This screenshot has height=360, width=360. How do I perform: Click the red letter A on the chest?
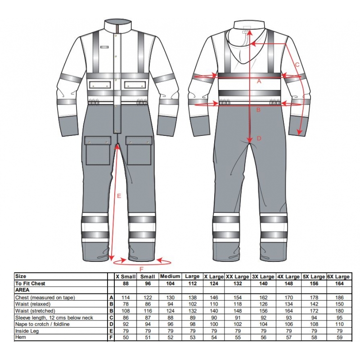pos(259,81)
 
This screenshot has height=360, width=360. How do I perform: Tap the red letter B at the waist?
pos(258,110)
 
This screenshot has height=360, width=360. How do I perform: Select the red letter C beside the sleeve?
pos(297,65)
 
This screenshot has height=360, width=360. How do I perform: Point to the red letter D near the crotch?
pos(259,139)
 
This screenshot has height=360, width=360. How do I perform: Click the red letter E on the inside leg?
pos(119,196)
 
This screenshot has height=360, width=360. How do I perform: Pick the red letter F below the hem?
pos(141,269)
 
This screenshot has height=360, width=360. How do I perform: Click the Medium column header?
pos(170,276)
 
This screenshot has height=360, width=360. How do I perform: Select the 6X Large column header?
pos(339,277)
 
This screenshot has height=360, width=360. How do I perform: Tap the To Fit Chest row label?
pos(30,283)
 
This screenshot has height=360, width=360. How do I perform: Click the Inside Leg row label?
pos(27,331)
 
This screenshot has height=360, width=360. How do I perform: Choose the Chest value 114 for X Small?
pos(126,297)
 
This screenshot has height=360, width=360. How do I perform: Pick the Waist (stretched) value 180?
pos(339,311)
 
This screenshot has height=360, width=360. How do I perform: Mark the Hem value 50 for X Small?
pos(126,337)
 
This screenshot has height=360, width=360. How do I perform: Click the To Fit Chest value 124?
pos(214,283)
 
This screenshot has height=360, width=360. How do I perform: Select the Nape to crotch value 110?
pos(339,324)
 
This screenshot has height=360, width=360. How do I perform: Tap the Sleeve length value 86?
pos(126,318)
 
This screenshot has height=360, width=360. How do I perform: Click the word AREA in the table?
pos(22,290)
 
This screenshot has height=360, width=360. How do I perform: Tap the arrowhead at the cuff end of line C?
pos(299,132)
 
